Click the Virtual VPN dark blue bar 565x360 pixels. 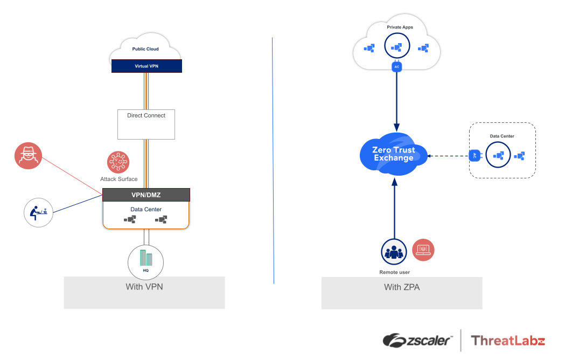click(x=147, y=66)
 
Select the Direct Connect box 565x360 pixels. click(x=147, y=124)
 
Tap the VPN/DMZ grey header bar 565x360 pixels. click(x=147, y=195)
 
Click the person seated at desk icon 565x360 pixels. click(x=39, y=212)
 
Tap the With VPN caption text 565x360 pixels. click(x=144, y=287)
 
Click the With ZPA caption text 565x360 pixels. click(x=402, y=287)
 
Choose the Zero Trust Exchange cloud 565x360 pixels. click(x=393, y=154)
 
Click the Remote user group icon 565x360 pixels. click(x=394, y=251)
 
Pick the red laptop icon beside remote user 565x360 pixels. click(x=423, y=250)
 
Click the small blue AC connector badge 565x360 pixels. click(x=397, y=67)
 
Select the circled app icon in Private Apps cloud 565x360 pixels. click(x=397, y=47)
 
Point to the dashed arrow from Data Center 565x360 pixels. click(x=447, y=156)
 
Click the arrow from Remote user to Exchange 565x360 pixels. click(x=394, y=210)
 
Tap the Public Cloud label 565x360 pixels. click(x=145, y=49)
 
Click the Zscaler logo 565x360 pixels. click(x=418, y=341)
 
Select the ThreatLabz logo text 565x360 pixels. click(x=508, y=341)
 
